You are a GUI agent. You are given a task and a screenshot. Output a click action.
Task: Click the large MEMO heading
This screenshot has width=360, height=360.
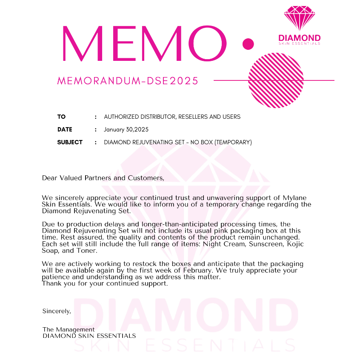click(x=145, y=43)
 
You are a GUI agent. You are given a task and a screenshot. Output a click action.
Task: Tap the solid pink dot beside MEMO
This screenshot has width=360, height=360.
click(x=248, y=43)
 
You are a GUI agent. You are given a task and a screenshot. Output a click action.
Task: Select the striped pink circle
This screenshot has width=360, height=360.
click(x=276, y=80)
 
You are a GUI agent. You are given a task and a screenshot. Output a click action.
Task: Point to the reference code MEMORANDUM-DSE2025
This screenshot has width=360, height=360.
click(x=128, y=81)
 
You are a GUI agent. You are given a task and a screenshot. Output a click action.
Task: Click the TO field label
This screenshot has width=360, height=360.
click(x=62, y=117)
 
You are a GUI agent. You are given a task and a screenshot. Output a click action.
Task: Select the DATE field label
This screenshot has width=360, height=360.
click(x=65, y=129)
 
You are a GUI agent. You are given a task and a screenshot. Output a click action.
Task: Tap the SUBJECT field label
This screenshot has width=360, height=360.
click(x=70, y=142)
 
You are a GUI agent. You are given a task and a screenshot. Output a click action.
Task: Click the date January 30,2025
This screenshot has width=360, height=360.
click(x=126, y=129)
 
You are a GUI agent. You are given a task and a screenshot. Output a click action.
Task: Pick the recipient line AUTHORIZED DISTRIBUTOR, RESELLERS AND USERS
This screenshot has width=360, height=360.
click(x=172, y=117)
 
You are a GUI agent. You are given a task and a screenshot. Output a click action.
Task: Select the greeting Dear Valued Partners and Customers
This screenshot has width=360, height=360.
click(x=103, y=178)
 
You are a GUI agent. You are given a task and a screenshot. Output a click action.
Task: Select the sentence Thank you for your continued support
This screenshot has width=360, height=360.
click(x=105, y=284)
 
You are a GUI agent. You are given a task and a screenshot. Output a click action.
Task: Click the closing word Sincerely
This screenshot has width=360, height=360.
click(x=57, y=311)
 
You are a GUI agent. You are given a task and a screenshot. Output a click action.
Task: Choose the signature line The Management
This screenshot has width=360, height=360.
click(x=69, y=329)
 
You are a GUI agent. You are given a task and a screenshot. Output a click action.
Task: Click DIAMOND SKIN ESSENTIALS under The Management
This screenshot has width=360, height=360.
click(x=89, y=336)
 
